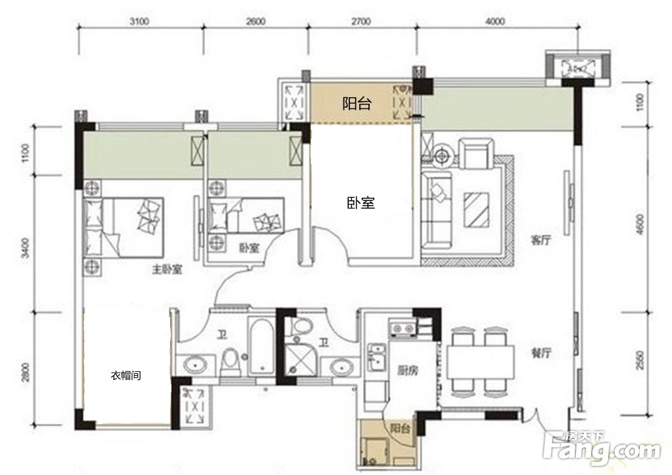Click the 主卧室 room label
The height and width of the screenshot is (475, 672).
(x=167, y=269)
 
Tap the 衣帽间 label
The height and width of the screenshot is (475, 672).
(x=126, y=375)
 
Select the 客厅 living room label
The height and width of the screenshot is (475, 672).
(x=541, y=240)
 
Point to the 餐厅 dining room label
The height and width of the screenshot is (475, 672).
(x=541, y=353)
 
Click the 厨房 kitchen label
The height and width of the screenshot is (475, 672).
(x=407, y=371)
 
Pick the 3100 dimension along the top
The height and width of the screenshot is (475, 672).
(x=139, y=21)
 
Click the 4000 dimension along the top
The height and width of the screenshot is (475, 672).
(x=495, y=21)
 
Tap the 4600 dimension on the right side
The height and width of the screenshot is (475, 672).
(x=639, y=224)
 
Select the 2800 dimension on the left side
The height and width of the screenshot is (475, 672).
(x=25, y=372)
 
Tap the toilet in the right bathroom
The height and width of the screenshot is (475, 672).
(x=302, y=326)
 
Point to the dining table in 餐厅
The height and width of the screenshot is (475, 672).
(x=480, y=361)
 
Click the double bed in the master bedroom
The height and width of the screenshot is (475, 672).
(x=123, y=226)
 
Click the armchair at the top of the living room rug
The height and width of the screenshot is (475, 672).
(x=476, y=153)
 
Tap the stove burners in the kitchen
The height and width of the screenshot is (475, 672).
(x=402, y=328)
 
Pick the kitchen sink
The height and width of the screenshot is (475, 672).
(x=377, y=357)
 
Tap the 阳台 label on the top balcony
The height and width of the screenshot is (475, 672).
(x=357, y=103)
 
